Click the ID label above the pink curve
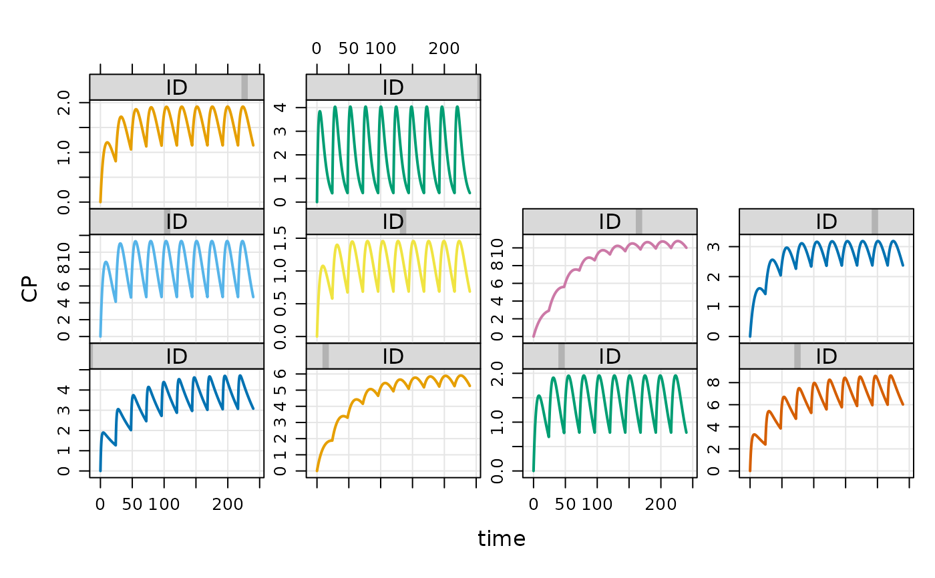pyautogui.click(x=610, y=222)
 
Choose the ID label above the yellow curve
pyautogui.click(x=393, y=222)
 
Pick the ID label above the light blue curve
pyautogui.click(x=176, y=222)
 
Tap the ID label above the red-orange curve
pyautogui.click(x=826, y=356)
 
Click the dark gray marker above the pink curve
pyautogui.click(x=639, y=222)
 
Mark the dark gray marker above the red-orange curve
pyautogui.click(x=797, y=356)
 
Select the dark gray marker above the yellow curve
pyautogui.click(x=402, y=222)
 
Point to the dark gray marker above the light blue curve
pyautogui.click(x=166, y=222)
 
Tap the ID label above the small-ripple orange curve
pyautogui.click(x=393, y=356)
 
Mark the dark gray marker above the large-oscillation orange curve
pyautogui.click(x=244, y=87)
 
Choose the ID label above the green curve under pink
pyautogui.click(x=610, y=356)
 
